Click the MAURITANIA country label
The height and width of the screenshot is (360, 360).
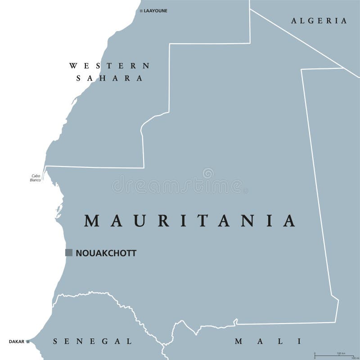[x=190, y=220]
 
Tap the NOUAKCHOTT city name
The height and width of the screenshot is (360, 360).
[x=106, y=253]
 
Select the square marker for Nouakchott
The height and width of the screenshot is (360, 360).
[x=69, y=252]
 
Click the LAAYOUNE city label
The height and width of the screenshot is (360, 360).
[x=155, y=10]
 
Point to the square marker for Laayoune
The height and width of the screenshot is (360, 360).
[x=141, y=10]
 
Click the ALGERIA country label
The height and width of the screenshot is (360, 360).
[x=319, y=21]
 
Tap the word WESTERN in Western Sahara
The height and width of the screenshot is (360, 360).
[x=109, y=66]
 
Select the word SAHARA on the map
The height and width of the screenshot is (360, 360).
[x=109, y=78]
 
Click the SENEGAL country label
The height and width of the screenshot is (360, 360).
[x=92, y=341]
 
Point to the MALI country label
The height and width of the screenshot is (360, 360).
[x=267, y=341]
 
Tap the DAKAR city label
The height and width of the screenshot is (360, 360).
[x=16, y=342]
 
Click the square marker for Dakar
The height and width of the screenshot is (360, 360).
[x=27, y=342]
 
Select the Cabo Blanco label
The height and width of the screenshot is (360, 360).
[x=36, y=178]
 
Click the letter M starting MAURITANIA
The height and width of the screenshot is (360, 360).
[x=92, y=220]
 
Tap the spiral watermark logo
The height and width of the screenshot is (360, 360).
[x=208, y=173]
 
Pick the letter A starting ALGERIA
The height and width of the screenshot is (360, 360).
[x=294, y=21]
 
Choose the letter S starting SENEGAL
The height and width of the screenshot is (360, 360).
[x=55, y=341]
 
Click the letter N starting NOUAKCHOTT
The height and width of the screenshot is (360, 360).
[x=79, y=253]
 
